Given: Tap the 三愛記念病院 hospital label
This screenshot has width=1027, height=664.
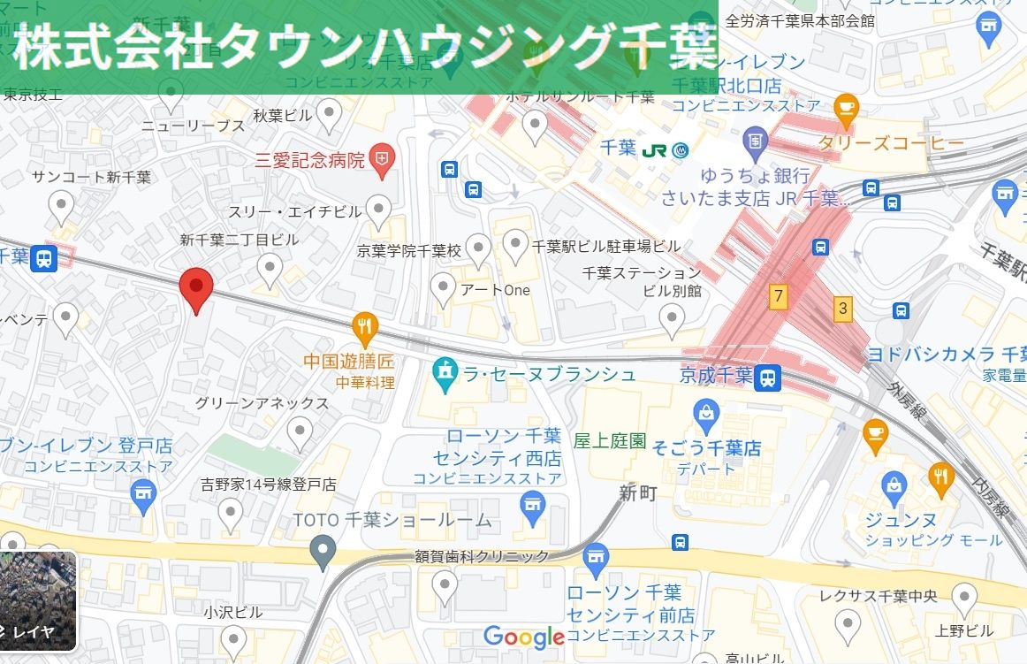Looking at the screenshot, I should click(309, 160).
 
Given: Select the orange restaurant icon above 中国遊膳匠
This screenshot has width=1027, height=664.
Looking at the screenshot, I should click(365, 326).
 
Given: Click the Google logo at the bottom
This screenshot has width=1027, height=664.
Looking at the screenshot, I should click(523, 637).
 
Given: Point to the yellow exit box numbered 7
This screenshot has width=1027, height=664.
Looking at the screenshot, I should click(778, 296).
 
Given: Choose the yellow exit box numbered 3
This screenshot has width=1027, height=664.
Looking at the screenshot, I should click(843, 309).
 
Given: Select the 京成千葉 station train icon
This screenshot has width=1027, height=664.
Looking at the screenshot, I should click(768, 378).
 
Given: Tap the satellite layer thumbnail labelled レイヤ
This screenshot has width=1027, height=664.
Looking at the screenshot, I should click(38, 600).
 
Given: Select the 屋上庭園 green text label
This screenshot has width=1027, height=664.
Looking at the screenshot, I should click(610, 440).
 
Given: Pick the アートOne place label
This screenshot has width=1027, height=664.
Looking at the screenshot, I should click(494, 290).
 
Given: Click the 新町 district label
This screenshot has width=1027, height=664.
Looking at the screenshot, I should click(637, 493).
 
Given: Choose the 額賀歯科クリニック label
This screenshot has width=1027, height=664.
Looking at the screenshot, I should click(482, 556).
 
